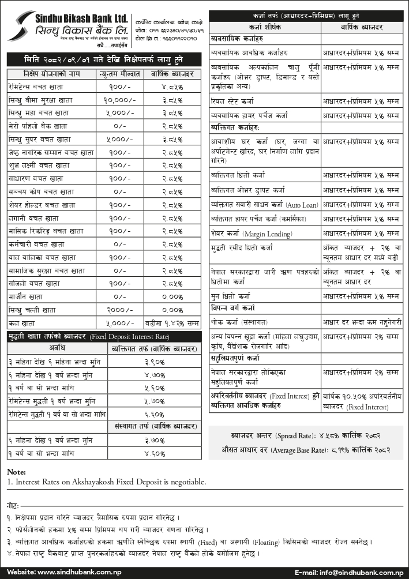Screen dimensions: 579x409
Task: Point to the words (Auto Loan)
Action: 301,204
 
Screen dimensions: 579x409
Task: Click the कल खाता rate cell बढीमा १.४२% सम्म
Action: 172,323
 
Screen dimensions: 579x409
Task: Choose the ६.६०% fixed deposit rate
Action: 154,414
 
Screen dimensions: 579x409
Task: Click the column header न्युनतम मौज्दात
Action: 119,75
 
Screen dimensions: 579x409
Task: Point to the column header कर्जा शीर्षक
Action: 264,27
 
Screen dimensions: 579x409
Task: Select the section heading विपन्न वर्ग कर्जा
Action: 233,307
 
